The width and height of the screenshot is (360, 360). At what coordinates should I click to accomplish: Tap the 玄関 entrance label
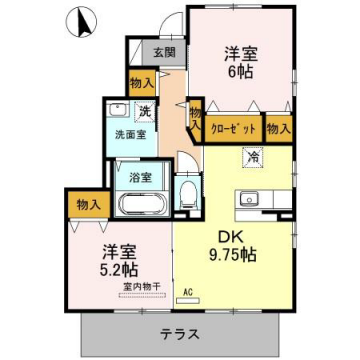[x=163, y=53]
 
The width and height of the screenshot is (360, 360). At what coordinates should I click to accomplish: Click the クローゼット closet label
[x=234, y=128]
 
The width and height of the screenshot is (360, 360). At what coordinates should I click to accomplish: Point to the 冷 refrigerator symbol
[x=253, y=156]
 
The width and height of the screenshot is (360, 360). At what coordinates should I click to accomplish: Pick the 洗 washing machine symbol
[x=144, y=109]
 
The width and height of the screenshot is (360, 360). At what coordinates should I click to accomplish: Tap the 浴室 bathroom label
[x=139, y=177]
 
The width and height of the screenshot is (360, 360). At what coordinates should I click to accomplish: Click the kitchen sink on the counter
[x=247, y=197]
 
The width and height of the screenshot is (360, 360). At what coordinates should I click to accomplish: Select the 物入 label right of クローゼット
[x=279, y=128]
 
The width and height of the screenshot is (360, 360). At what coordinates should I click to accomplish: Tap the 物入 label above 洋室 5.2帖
[x=89, y=205]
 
